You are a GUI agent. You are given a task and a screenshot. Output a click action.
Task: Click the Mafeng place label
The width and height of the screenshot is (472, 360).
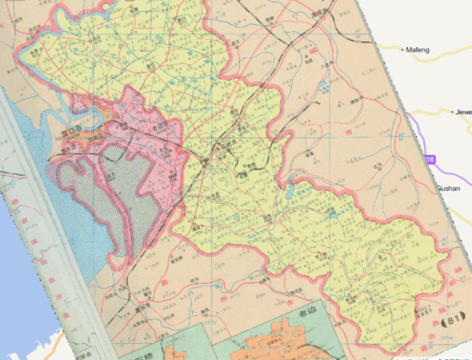click(420, 50)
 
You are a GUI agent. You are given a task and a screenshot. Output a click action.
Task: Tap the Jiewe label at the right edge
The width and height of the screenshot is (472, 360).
click(462, 112)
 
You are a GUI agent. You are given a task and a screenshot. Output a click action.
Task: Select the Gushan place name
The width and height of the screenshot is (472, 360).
click(448, 189)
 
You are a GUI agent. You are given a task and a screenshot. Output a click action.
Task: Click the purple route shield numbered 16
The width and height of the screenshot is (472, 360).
click(430, 159)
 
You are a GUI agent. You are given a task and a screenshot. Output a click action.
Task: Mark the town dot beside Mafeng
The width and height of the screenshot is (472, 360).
click(403, 50)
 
